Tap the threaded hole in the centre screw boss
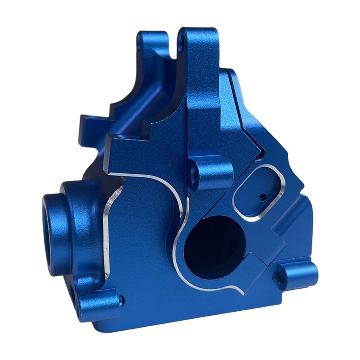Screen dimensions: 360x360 click(193, 172)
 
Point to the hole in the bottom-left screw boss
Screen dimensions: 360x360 click(121, 300)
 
